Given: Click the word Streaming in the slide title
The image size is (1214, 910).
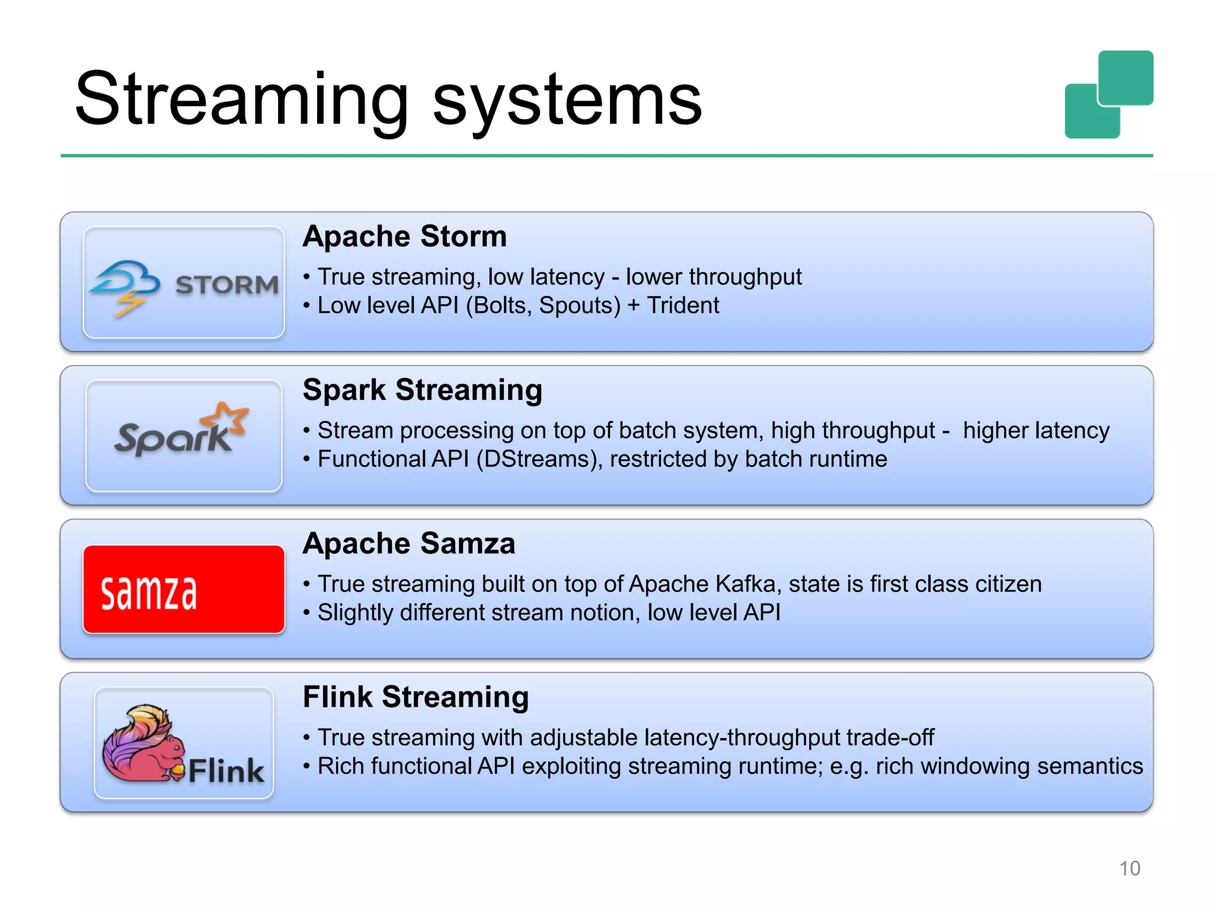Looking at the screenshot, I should pyautogui.click(x=242, y=100).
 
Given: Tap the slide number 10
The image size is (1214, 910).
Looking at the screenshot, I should pyautogui.click(x=1129, y=869).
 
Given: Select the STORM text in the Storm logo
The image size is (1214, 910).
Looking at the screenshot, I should pyautogui.click(x=227, y=286).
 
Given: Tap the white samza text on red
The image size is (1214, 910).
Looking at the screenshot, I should pyautogui.click(x=148, y=592).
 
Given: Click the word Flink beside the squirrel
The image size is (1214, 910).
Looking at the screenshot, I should pyautogui.click(x=226, y=771).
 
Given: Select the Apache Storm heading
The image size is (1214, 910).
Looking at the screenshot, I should pyautogui.click(x=405, y=236).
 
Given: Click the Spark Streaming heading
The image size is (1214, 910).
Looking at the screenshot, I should pyautogui.click(x=422, y=390).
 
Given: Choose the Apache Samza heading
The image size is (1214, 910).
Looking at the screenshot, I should pyautogui.click(x=408, y=543).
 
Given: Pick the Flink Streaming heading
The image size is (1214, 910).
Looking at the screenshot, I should pyautogui.click(x=416, y=697).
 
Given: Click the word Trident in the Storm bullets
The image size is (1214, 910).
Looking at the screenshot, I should pyautogui.click(x=683, y=306).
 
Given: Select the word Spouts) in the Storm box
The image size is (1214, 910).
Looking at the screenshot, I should pyautogui.click(x=580, y=306).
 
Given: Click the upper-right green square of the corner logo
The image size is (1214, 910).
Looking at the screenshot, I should pyautogui.click(x=1126, y=78).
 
